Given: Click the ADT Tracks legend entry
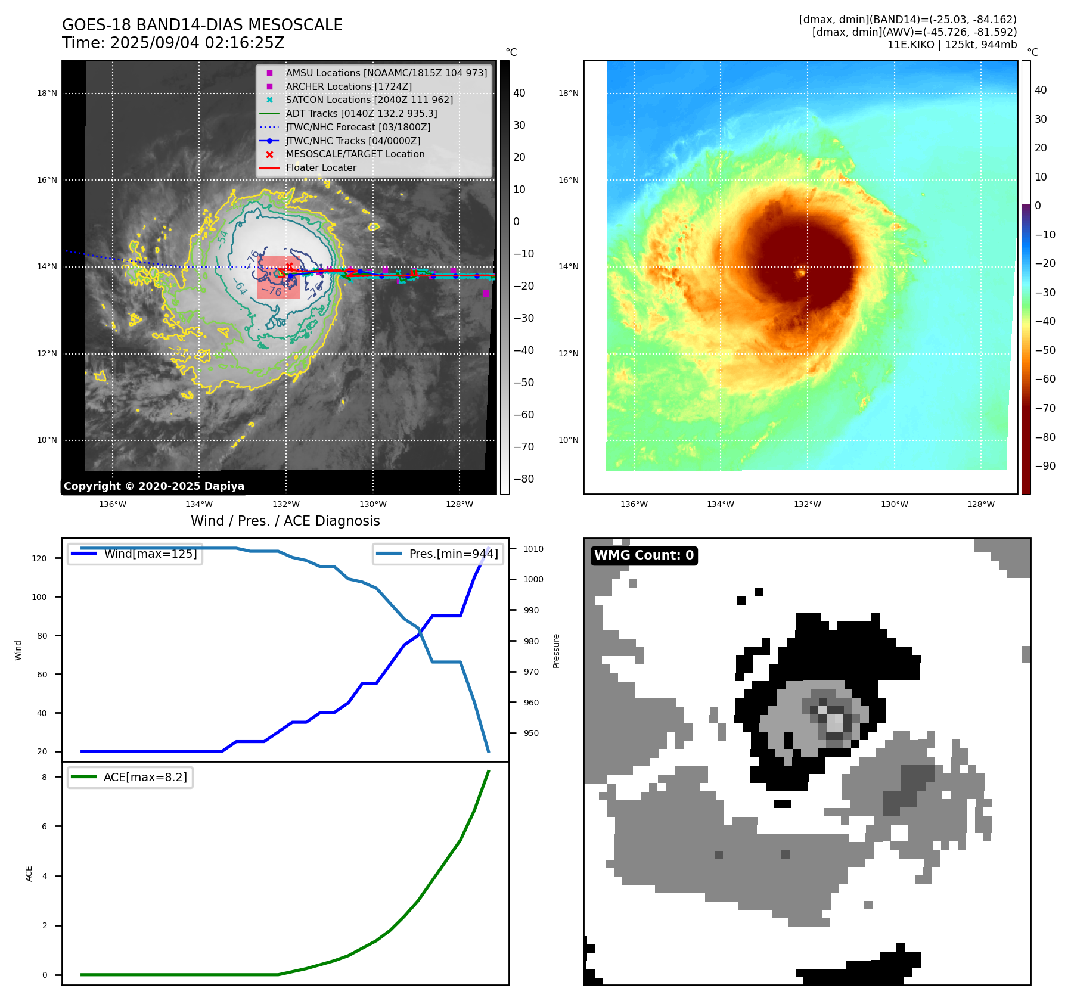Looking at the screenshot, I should (361, 113).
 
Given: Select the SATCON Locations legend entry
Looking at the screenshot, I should (369, 100).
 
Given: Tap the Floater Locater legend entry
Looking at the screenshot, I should (321, 167).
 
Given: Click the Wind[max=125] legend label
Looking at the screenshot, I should (150, 554).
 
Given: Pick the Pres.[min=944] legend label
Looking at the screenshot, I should (453, 554).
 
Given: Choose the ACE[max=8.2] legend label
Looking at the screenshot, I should (145, 777).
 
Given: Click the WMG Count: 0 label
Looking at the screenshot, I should (644, 555).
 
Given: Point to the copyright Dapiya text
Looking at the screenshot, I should (154, 486).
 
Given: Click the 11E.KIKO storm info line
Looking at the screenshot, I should (952, 45).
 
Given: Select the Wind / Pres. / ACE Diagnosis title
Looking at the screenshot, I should (285, 521).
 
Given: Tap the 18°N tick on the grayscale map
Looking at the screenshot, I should (47, 93).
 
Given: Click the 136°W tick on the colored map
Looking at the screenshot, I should (634, 504).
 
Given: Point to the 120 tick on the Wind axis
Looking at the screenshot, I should (39, 558).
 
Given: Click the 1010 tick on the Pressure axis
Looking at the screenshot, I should (533, 549).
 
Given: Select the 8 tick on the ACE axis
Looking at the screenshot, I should (44, 777).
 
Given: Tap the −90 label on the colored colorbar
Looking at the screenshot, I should (1045, 466).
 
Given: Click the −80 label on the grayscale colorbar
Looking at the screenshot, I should (524, 479).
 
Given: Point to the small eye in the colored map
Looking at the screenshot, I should (802, 273).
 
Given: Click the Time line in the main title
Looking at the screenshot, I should (173, 43).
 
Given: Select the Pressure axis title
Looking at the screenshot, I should (556, 651).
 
